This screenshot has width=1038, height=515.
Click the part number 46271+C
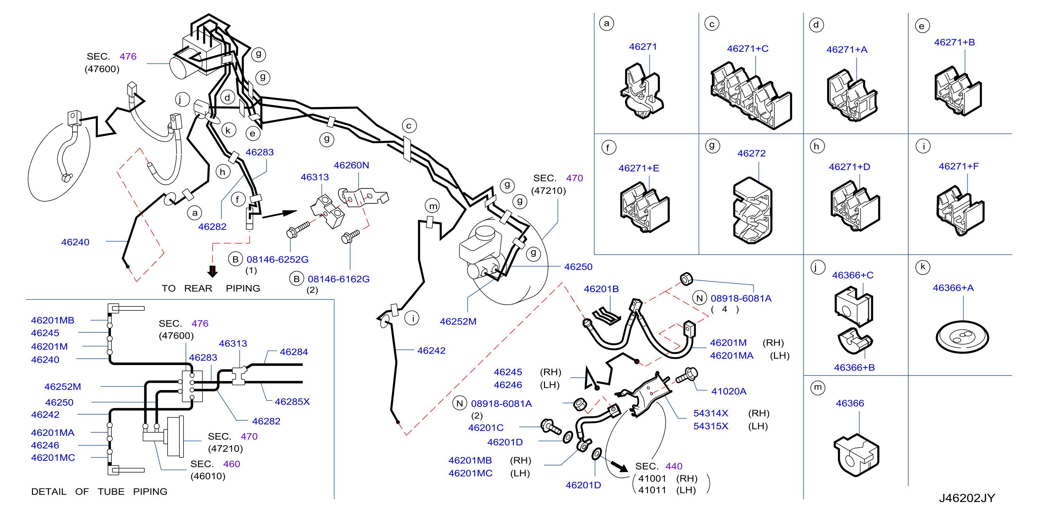coord(748,49)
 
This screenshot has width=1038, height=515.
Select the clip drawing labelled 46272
coord(752,210)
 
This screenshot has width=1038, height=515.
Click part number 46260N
coord(351,165)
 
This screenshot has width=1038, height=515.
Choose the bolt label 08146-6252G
coord(277,260)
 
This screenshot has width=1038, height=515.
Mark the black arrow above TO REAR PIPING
coord(212,271)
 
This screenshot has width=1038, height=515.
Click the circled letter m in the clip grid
coord(818,388)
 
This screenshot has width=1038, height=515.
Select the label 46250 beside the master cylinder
coord(578,267)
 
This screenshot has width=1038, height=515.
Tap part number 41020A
coord(729,391)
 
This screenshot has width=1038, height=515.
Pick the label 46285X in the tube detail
coord(292,402)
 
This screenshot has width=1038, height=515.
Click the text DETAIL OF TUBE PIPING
coord(99,492)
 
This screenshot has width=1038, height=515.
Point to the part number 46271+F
coord(958,167)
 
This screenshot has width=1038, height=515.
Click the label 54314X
coord(711,413)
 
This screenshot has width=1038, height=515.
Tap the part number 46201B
coord(601,289)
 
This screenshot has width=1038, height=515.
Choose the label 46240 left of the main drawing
coord(75,242)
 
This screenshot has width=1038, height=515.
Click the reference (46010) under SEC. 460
coord(207,476)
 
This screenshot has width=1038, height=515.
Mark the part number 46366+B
coord(854,368)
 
